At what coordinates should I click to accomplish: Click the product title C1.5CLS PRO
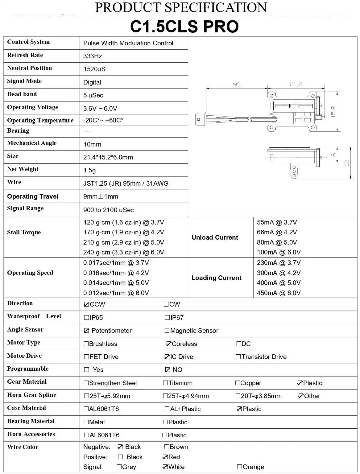click(184, 27)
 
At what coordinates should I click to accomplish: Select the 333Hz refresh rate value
click(93, 56)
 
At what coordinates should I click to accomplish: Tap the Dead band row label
click(22, 94)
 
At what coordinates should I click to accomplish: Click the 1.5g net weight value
click(89, 170)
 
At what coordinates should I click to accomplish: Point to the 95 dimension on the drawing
click(237, 84)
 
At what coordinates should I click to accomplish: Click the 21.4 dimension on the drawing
click(296, 84)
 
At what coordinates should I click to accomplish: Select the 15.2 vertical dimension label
click(333, 111)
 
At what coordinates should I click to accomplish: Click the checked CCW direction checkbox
click(86, 304)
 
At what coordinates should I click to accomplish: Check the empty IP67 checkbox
click(167, 317)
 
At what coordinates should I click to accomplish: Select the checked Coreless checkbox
click(169, 344)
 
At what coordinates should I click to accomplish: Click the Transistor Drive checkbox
click(238, 357)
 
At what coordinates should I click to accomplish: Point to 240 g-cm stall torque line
click(123, 252)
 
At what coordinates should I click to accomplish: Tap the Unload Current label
click(215, 237)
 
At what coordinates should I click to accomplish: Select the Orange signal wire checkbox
click(239, 467)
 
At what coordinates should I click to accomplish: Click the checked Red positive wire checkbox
click(165, 457)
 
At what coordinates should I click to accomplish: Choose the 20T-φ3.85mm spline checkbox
click(238, 396)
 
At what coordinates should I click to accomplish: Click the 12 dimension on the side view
click(347, 163)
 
